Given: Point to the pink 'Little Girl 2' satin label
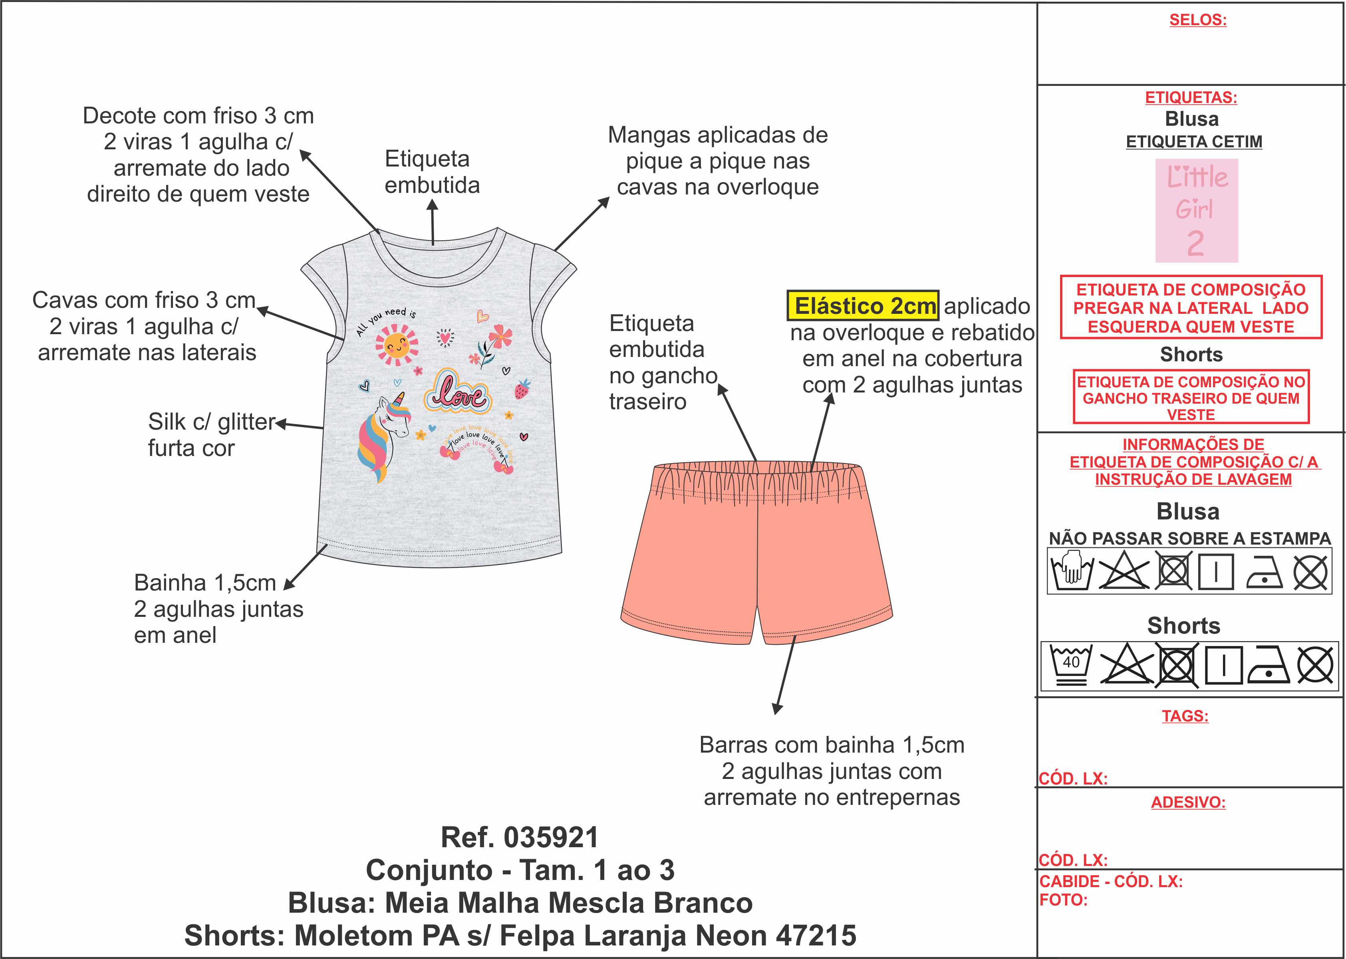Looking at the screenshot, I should [1197, 210].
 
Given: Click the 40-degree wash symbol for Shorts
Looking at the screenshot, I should [1071, 665].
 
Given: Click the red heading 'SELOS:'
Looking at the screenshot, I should [1198, 20].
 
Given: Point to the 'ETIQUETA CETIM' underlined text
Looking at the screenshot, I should [1193, 142].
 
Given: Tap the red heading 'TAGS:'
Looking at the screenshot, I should [1185, 716].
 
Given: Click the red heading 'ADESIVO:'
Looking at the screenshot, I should [1188, 802].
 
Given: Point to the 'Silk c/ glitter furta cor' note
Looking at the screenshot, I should [211, 435].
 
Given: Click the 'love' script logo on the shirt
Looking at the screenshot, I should [458, 392].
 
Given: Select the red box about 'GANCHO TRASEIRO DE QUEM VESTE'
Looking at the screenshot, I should [1191, 397].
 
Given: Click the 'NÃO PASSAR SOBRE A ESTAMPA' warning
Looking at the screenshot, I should [1189, 538].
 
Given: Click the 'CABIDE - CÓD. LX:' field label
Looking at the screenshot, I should [1110, 881].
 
